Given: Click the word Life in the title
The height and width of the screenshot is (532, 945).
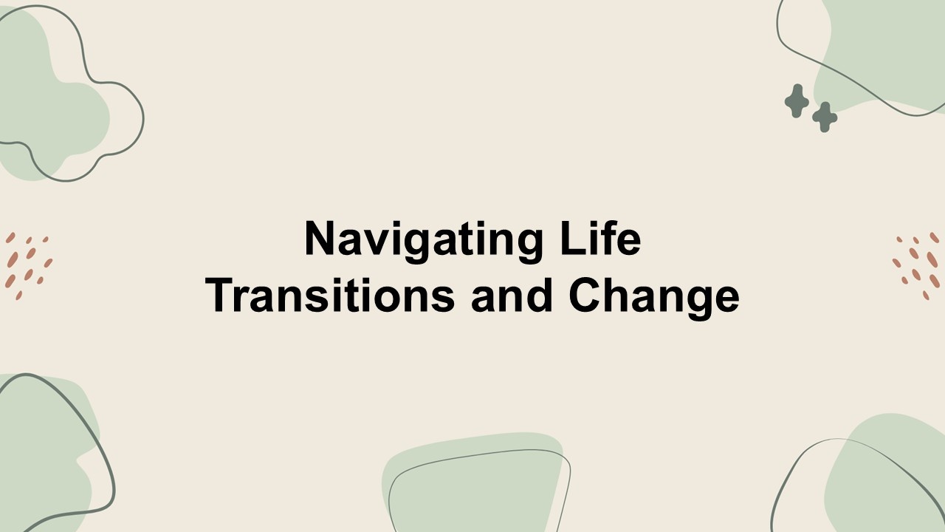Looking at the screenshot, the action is coord(600,238).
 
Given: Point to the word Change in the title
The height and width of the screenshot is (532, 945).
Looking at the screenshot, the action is coord(654,299).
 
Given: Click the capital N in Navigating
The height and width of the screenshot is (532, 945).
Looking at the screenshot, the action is coord(320,238).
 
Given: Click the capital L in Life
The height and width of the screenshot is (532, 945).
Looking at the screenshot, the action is coord(574,238).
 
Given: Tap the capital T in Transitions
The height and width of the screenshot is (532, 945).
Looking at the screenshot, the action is coord(220,295).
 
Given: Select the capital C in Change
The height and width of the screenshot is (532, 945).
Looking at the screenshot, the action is coord(585,295).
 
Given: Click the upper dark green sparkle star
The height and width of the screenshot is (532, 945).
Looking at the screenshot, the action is coord(797,101).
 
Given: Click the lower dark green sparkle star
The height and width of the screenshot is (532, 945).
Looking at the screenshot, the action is coord(825,117).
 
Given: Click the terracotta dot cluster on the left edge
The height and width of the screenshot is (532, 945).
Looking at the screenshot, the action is coord(28,266).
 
